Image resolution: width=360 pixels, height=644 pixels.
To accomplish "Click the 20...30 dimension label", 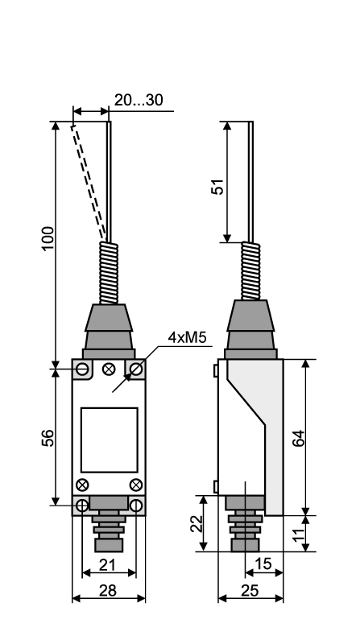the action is point(139,100).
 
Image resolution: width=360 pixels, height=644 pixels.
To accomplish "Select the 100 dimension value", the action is point(48,237).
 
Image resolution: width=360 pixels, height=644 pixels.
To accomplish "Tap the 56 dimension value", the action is point(48,438).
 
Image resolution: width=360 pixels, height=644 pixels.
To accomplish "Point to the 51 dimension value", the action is point(217,187).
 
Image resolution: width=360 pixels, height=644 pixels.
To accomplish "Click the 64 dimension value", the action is point(298,438).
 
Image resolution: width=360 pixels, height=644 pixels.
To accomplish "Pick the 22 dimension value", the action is point(197,524).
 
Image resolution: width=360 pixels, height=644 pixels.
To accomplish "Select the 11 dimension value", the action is point(299,534).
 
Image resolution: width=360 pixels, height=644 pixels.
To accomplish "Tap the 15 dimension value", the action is point(263,564).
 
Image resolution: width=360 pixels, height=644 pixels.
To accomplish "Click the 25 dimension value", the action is point(250,591).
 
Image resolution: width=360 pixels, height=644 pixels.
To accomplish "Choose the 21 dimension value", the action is point(107,565).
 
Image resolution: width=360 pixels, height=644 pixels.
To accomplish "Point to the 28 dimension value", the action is point(108,591).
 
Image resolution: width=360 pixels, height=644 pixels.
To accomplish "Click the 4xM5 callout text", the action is point(187,337).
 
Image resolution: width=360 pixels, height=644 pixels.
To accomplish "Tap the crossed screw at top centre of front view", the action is point(109,369).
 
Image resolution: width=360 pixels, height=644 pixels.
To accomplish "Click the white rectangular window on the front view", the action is point(110,440).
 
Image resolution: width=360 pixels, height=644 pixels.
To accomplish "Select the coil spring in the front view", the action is point(109,273).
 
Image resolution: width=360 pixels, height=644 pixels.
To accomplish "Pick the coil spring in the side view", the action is point(250,270).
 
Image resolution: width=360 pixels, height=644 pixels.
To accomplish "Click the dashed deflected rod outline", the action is point(88,182).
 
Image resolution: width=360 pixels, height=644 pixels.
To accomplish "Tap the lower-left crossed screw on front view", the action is point(82,485).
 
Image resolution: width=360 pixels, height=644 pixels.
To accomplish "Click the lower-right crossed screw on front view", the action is point(136,485).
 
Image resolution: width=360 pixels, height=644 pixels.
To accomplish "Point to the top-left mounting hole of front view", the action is point(83,369).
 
